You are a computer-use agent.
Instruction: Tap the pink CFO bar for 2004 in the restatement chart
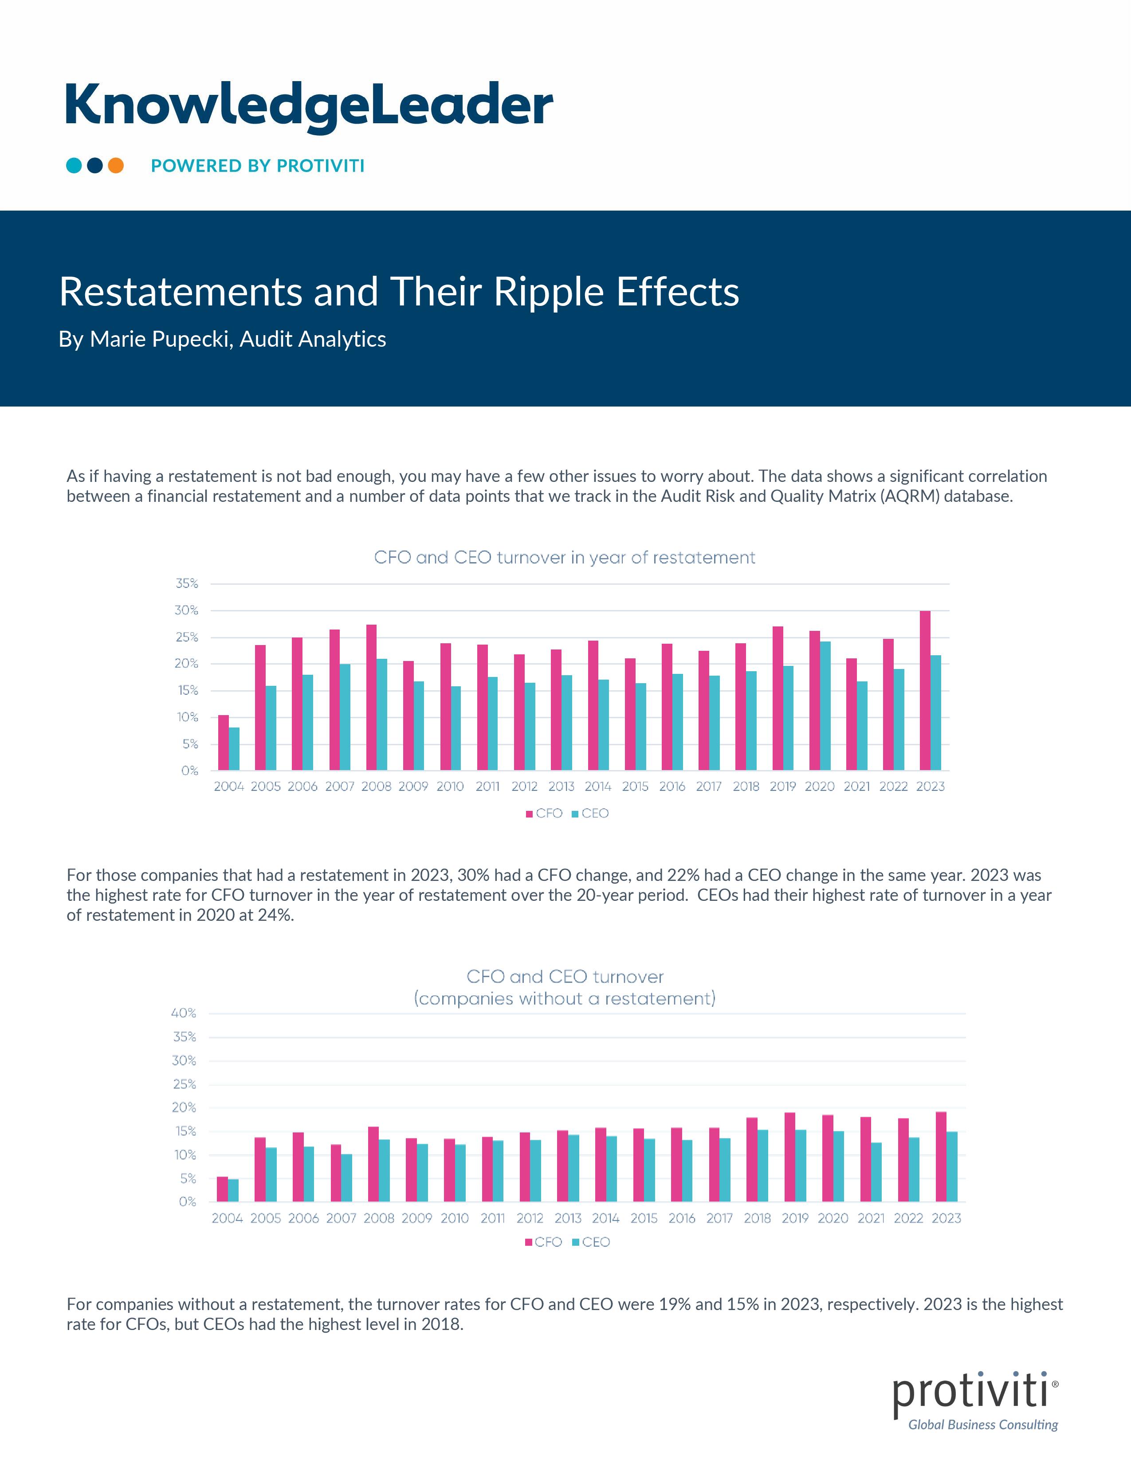[x=223, y=743]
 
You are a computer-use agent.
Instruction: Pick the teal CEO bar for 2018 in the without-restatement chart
[x=762, y=1165]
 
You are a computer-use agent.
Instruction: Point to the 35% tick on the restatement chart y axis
[x=187, y=583]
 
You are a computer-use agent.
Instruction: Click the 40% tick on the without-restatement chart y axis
[x=184, y=1013]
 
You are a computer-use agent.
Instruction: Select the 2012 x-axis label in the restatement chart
[x=525, y=786]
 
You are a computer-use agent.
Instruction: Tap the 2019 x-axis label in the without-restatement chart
[x=795, y=1218]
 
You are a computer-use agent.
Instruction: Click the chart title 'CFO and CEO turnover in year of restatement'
[x=564, y=557]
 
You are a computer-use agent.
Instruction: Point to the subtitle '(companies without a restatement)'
[x=564, y=999]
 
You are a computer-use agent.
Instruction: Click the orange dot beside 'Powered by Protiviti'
[x=116, y=165]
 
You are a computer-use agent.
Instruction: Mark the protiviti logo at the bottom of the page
[x=976, y=1400]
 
